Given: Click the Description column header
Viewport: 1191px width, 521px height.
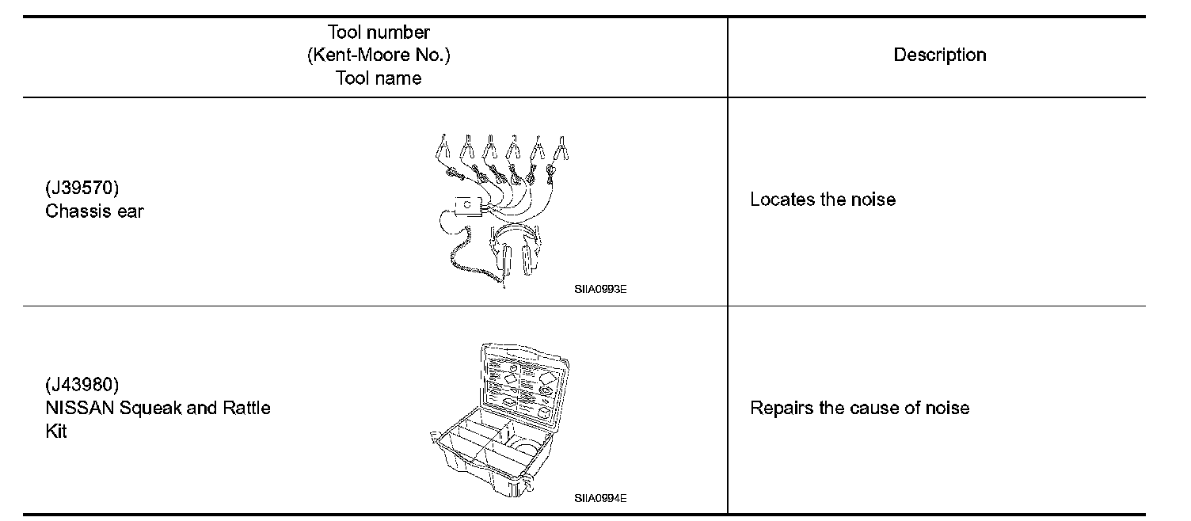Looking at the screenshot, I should (x=939, y=55).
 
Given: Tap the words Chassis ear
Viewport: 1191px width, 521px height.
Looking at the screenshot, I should (x=94, y=211).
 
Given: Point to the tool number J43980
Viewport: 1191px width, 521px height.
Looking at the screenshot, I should (x=82, y=386).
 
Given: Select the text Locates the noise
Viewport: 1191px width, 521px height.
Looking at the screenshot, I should (x=822, y=200).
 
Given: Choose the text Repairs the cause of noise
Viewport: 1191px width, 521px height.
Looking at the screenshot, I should (x=859, y=409).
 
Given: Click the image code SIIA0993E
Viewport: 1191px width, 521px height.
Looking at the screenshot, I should (x=600, y=290).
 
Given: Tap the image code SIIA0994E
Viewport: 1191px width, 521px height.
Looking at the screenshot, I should (x=600, y=498).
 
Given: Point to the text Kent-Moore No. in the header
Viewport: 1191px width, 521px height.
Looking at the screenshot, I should (x=379, y=55).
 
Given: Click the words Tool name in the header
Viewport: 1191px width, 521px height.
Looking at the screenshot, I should (x=379, y=78).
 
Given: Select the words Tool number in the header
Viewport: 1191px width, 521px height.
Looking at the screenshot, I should (x=379, y=32).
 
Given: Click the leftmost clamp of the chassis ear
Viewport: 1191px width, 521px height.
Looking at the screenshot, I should (x=443, y=147).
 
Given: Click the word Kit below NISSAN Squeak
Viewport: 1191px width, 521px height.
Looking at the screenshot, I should (x=56, y=432).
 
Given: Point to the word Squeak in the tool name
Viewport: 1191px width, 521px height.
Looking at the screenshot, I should (x=151, y=409).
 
